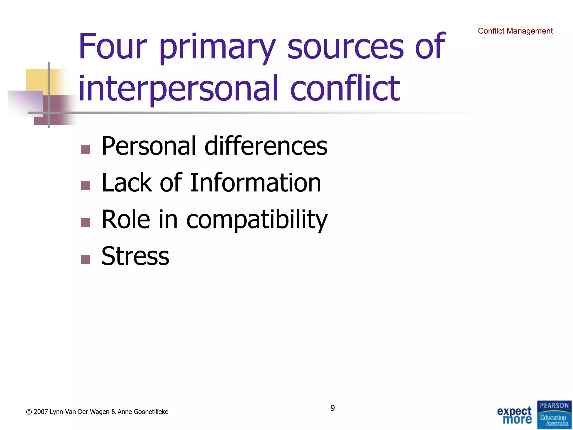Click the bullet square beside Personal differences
click(x=85, y=149)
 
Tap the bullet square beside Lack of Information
click(x=85, y=186)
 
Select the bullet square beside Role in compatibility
click(x=85, y=223)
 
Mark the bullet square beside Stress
click(x=85, y=259)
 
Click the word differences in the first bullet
click(x=266, y=146)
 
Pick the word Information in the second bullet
click(x=255, y=183)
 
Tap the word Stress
click(x=135, y=256)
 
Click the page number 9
click(x=332, y=408)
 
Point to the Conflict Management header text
click(x=515, y=31)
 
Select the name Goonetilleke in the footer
click(x=151, y=412)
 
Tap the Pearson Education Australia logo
click(x=554, y=415)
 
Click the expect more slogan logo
click(x=514, y=415)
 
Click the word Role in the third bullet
click(x=126, y=219)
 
